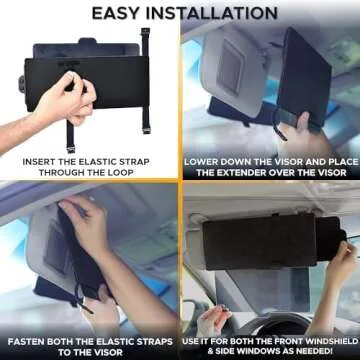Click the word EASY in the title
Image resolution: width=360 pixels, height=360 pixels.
[x=118, y=13]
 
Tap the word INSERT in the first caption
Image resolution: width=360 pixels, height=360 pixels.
[x=37, y=159]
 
